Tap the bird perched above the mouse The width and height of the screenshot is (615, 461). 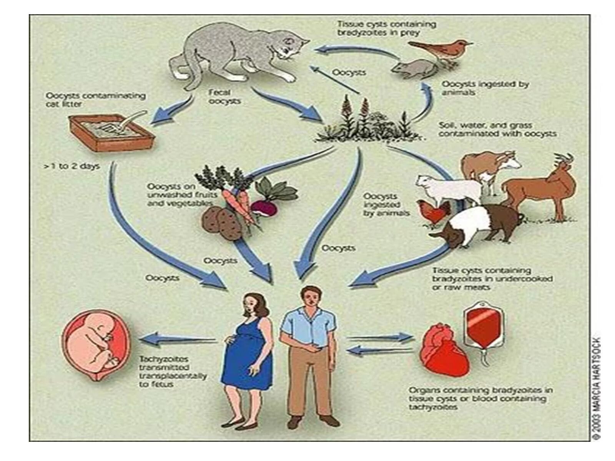point(442,48)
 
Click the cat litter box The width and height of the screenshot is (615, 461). point(111,131)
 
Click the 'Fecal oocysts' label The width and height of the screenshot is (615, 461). point(224,97)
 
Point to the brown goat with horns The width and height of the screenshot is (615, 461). point(542,184)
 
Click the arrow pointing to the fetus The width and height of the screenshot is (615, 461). point(177,339)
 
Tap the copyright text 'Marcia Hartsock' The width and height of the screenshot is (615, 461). point(596,388)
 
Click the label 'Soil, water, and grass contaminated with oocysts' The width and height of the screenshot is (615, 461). point(498,129)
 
